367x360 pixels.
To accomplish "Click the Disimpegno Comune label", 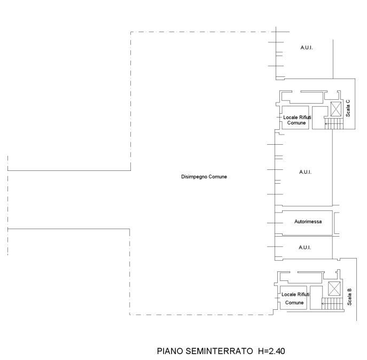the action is click(204, 177).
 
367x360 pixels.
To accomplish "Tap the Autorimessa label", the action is click(308, 222).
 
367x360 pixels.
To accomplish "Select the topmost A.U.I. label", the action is click(307, 48).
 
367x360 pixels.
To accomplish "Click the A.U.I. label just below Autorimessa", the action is click(304, 247).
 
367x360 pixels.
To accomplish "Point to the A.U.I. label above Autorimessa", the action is click(305, 172).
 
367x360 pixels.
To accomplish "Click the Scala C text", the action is click(348, 108).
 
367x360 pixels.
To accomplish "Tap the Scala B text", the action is click(349, 297).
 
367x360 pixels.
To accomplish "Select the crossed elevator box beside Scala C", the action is click(336, 109).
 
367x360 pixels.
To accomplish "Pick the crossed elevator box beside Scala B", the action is click(334, 289).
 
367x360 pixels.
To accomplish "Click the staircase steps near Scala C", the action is click(334, 123).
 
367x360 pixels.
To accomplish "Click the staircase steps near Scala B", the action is click(332, 303).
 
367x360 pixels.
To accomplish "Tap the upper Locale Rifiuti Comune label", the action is click(297, 120).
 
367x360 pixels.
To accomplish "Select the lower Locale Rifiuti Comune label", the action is click(295, 299).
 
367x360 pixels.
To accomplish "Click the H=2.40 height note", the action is click(271, 351).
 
